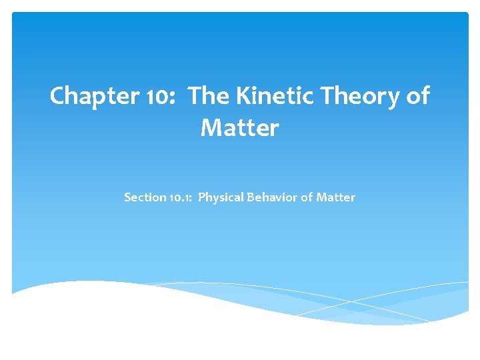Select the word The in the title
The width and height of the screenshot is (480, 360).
209,97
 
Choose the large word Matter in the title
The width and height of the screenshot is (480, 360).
239,128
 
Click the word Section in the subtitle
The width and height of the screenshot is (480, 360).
145,197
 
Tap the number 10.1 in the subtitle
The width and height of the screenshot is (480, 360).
180,197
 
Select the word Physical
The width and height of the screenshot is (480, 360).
221,198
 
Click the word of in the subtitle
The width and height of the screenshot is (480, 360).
306,197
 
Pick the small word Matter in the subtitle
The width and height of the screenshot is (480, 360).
336,197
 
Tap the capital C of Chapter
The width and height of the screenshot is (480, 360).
58,97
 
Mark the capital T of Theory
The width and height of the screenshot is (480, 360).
328,97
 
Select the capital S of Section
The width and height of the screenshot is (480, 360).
127,197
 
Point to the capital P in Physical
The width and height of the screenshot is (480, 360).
202,197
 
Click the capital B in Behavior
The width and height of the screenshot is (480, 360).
251,197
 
